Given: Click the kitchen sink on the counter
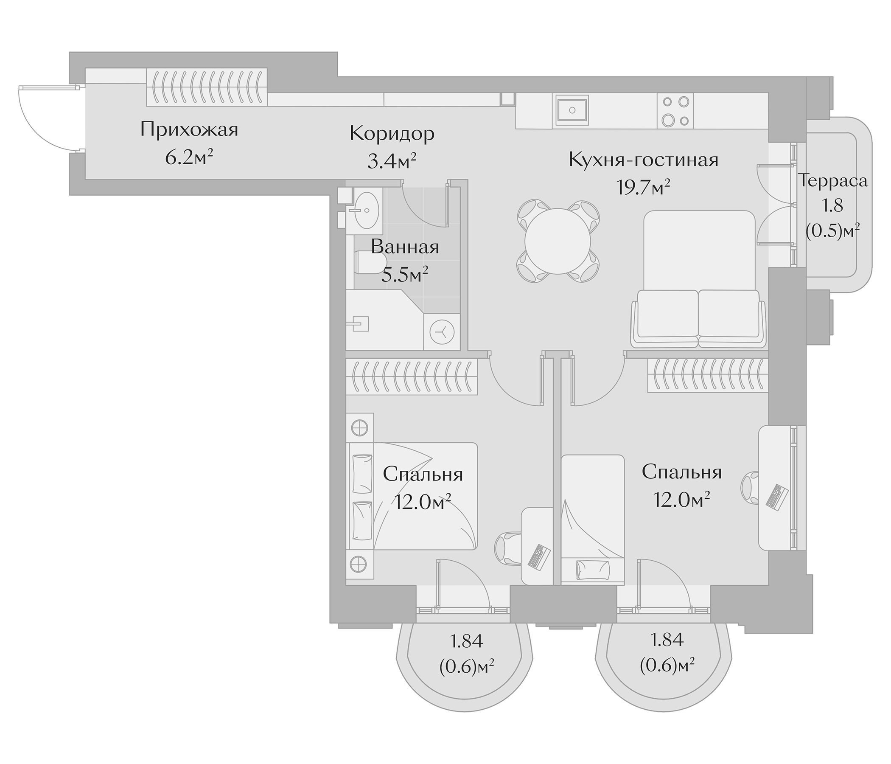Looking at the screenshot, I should point(572,110).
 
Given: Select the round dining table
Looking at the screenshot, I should point(558,241).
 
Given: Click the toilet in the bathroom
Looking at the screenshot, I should point(371,262).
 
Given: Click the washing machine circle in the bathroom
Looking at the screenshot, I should point(442,331).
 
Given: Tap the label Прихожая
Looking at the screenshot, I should point(189,129).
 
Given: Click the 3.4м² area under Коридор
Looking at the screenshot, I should point(392,161).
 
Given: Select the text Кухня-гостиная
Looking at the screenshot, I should point(643,160).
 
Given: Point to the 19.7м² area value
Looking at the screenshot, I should point(643,187).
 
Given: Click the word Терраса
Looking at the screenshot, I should point(833,181).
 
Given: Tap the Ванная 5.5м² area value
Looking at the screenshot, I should point(405,274).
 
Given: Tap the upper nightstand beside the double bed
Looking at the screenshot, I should point(360,428).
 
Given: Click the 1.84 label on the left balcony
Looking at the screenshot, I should point(466,641).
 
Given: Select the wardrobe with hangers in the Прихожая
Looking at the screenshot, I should point(206,87).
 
